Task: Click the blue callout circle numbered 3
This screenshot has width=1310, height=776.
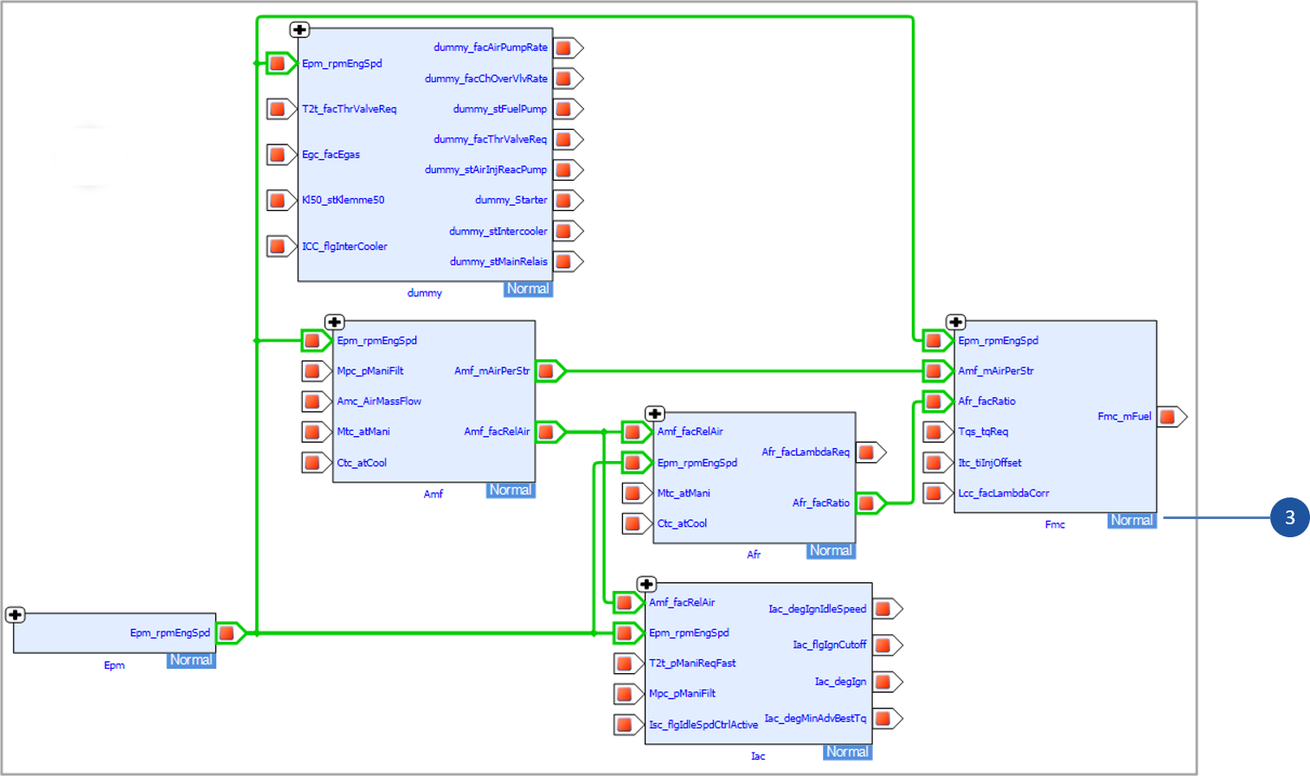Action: point(1289,517)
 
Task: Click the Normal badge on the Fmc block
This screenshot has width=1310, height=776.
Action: point(1132,520)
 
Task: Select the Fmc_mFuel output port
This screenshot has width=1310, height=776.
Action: point(1170,417)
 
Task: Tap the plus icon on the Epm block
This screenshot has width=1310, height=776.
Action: point(15,615)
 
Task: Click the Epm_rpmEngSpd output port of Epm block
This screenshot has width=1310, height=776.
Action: point(228,633)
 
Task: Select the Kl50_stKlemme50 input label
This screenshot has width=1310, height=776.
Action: point(343,200)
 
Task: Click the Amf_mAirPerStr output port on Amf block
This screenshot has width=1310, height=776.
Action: point(548,371)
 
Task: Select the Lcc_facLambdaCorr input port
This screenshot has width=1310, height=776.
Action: point(935,493)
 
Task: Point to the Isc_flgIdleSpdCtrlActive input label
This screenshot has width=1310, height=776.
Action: point(703,725)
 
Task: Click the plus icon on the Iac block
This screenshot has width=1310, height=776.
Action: point(646,584)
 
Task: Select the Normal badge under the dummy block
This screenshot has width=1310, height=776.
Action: point(527,289)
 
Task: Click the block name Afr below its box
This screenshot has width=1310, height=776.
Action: point(754,555)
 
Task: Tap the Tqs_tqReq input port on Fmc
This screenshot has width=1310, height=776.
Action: point(935,432)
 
